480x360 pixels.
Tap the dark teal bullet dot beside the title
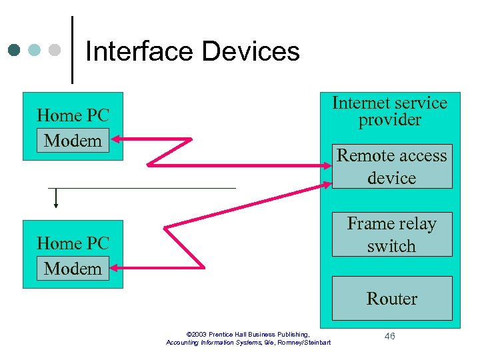pyautogui.click(x=15, y=50)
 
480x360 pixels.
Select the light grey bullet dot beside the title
pyautogui.click(x=55, y=50)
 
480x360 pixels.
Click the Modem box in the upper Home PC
pyautogui.click(x=73, y=141)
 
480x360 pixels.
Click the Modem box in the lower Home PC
pyautogui.click(x=73, y=269)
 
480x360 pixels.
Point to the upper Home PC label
pyautogui.click(x=73, y=115)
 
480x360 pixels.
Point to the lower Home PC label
pyautogui.click(x=73, y=243)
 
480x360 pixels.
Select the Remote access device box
pyautogui.click(x=391, y=167)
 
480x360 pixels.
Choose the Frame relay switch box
pyautogui.click(x=391, y=235)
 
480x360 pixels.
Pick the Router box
pyautogui.click(x=391, y=299)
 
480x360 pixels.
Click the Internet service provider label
pyautogui.click(x=390, y=111)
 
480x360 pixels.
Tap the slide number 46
pyautogui.click(x=390, y=336)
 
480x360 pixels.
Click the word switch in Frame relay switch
pyautogui.click(x=391, y=246)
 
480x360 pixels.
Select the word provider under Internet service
pyautogui.click(x=390, y=120)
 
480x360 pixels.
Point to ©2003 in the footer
pyautogui.click(x=197, y=334)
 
